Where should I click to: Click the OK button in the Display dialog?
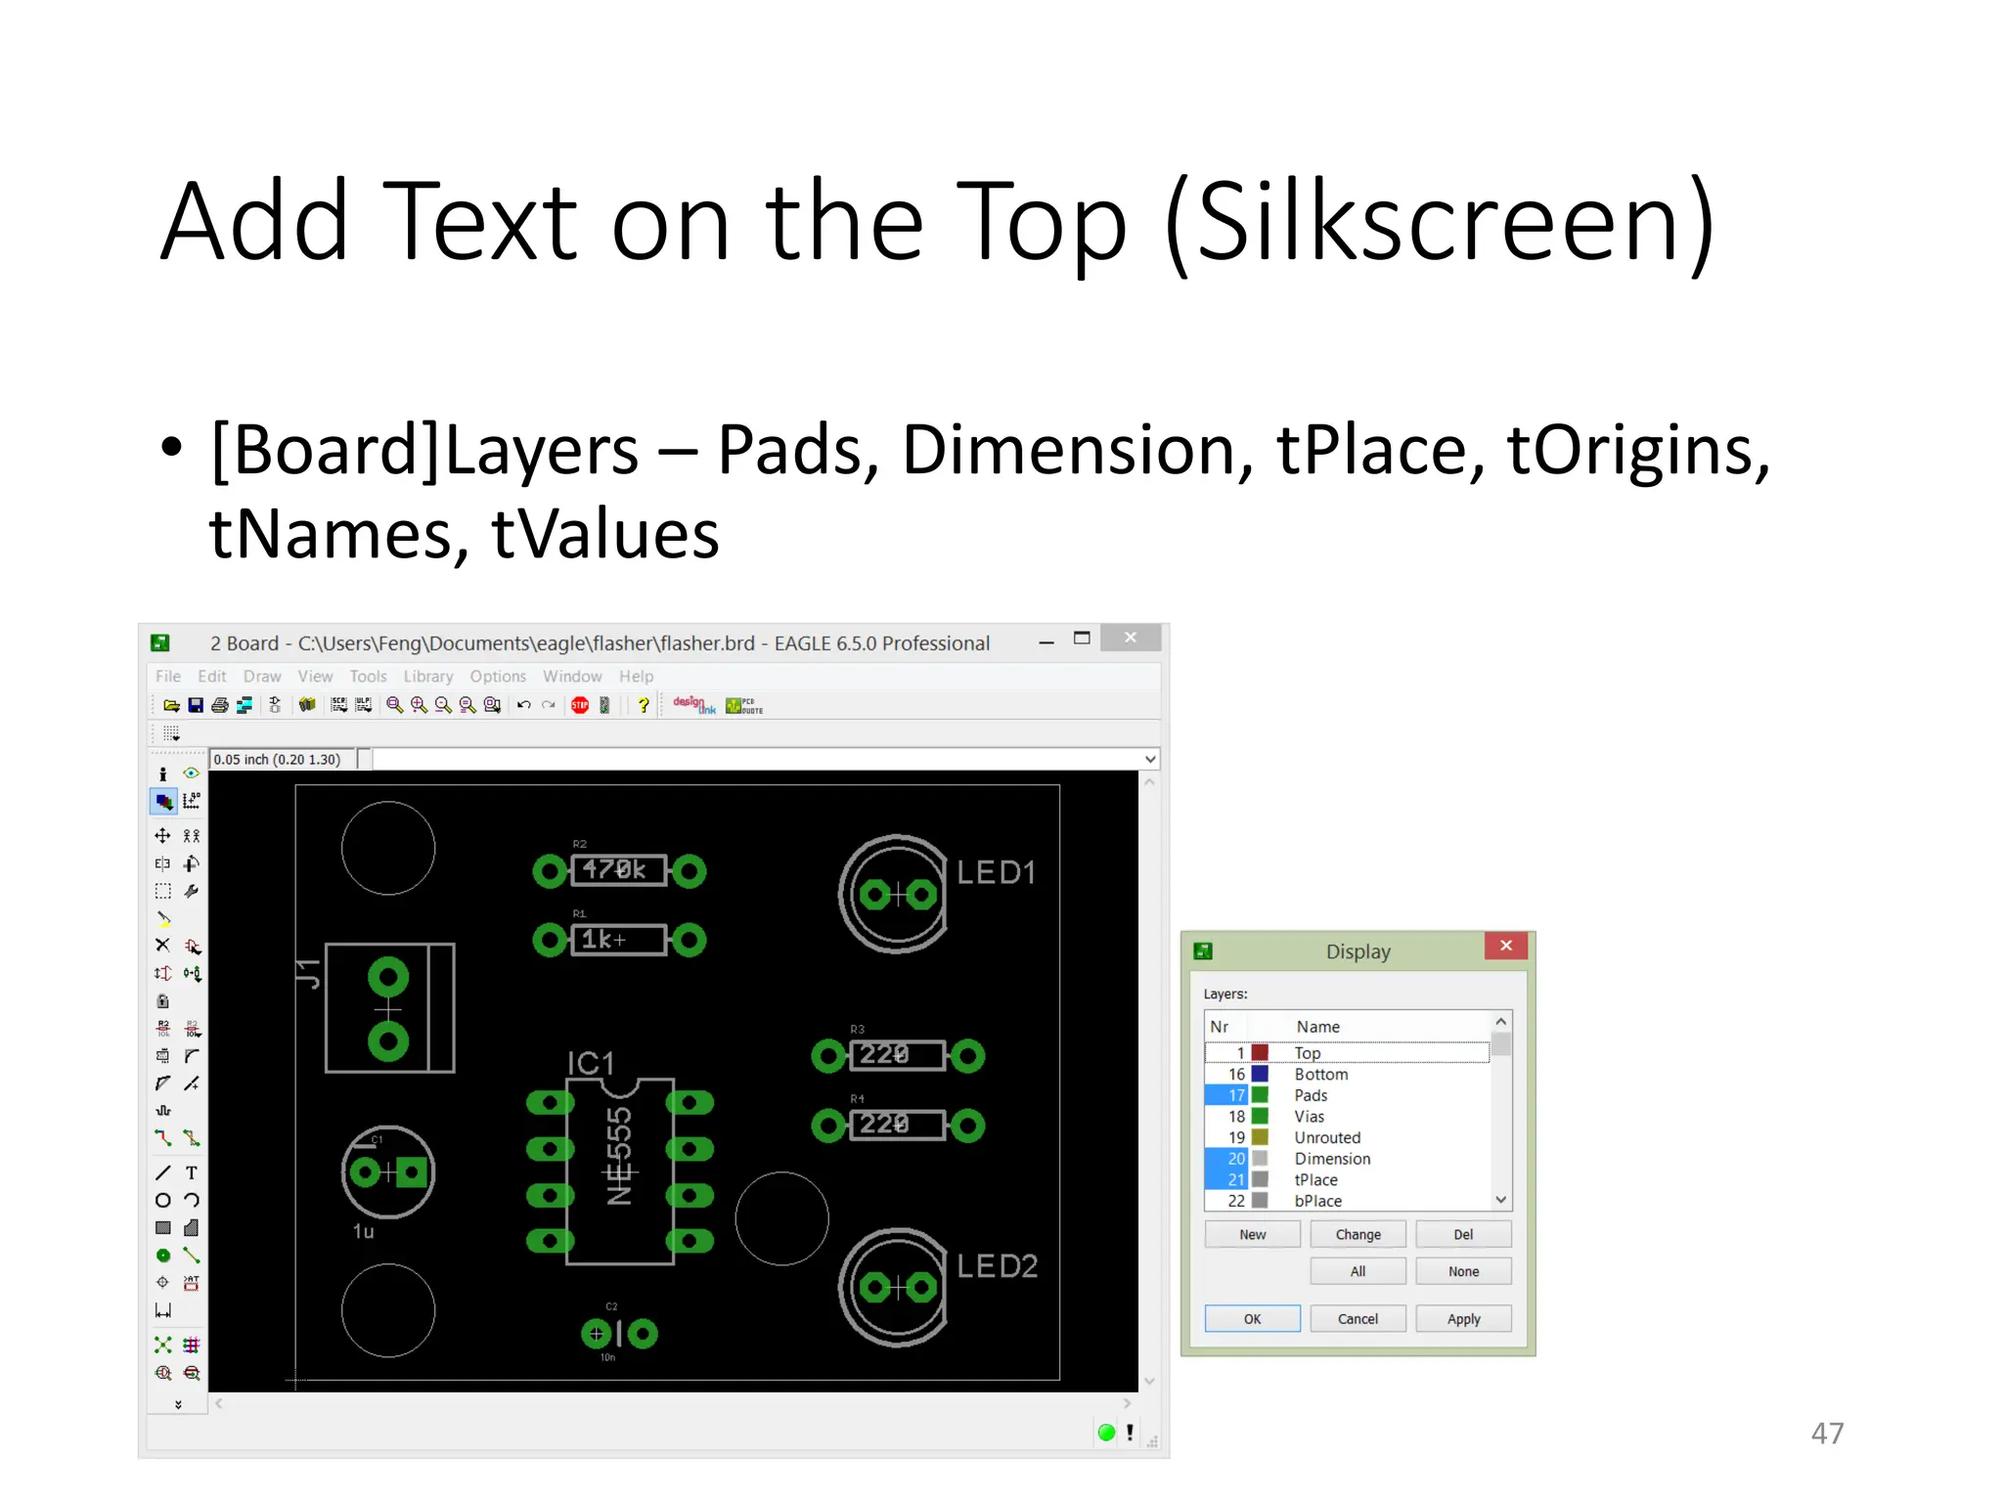tap(1252, 1318)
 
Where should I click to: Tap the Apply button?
tap(1463, 1318)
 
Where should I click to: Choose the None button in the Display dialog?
tap(1463, 1271)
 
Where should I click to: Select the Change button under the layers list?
tap(1358, 1234)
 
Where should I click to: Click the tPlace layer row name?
tap(1315, 1179)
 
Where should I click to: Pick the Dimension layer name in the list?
tap(1332, 1159)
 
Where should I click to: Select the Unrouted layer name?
tap(1327, 1137)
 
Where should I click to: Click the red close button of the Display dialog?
tap(1505, 946)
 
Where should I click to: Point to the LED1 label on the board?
tap(996, 872)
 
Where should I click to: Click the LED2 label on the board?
tap(997, 1266)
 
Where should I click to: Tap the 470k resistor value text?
tap(614, 869)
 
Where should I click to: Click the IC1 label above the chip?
tap(591, 1063)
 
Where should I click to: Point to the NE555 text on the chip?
tap(620, 1156)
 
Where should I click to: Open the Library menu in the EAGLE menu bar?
tap(428, 676)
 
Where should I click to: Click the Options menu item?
tap(498, 676)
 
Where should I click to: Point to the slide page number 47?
tap(1827, 1433)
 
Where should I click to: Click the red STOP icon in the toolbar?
tap(580, 705)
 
